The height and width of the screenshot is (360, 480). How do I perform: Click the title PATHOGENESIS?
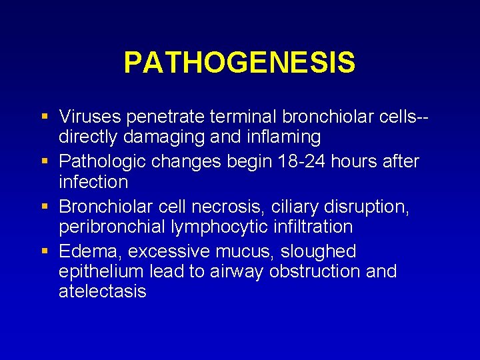(x=239, y=63)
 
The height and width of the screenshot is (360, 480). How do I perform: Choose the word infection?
(x=93, y=181)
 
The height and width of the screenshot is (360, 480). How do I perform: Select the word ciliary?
(x=301, y=207)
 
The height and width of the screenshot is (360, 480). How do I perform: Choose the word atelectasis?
(x=103, y=291)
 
